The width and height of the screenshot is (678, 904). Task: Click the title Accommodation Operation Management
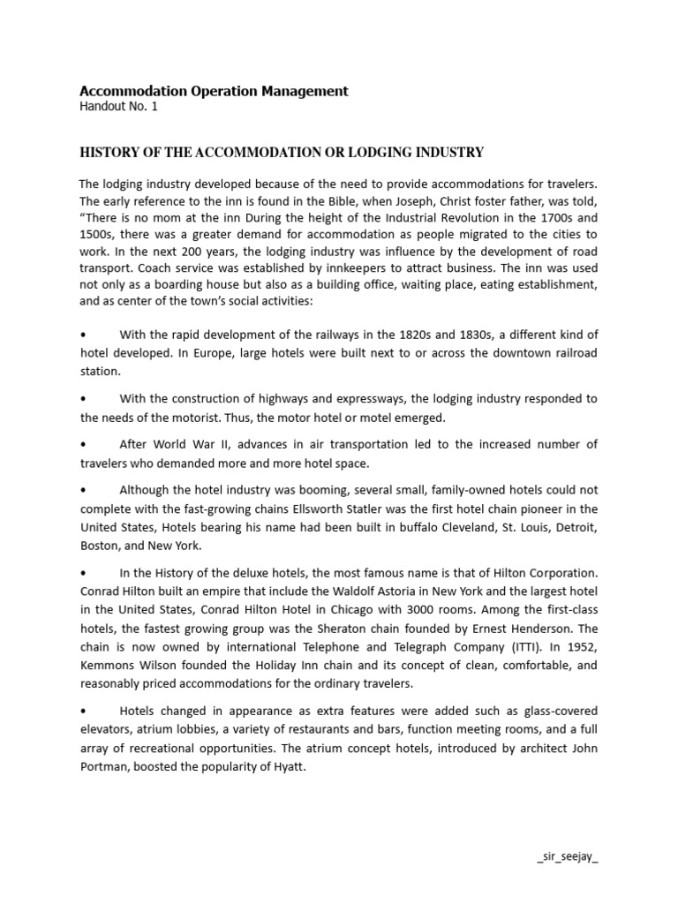(x=214, y=91)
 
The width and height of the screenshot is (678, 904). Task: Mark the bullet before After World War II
(x=83, y=443)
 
